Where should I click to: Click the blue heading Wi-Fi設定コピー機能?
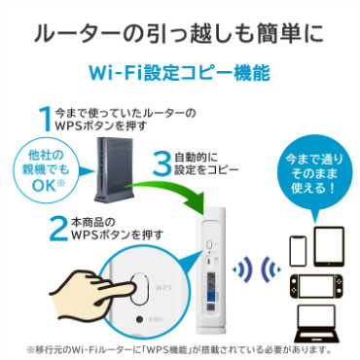click(x=180, y=72)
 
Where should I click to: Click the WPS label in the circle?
click(x=162, y=291)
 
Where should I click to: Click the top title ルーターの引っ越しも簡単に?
click(x=180, y=29)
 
